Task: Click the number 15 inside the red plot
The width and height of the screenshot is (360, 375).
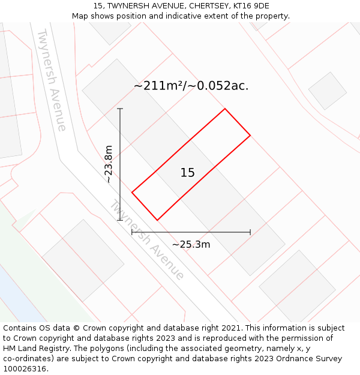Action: tap(187, 173)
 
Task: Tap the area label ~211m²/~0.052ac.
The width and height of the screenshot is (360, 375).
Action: tap(191, 86)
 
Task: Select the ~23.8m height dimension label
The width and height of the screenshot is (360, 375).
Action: tap(109, 164)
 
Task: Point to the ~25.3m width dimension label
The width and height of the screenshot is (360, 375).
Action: tap(191, 244)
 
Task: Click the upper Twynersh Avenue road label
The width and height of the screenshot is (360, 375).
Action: tap(52, 80)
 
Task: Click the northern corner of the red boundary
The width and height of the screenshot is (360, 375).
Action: tap(225, 109)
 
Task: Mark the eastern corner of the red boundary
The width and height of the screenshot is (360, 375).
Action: tap(250, 136)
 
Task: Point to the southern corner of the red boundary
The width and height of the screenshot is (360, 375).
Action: tap(157, 220)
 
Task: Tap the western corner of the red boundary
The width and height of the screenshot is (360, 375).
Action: tap(132, 193)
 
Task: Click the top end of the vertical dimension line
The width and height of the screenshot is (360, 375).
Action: tap(120, 109)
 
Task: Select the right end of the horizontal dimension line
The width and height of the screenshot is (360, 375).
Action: tap(250, 232)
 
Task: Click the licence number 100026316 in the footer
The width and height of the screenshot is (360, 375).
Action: tap(26, 369)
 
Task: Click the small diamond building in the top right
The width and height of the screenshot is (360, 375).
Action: tap(327, 91)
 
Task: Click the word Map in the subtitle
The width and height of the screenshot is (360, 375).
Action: tap(80, 16)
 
